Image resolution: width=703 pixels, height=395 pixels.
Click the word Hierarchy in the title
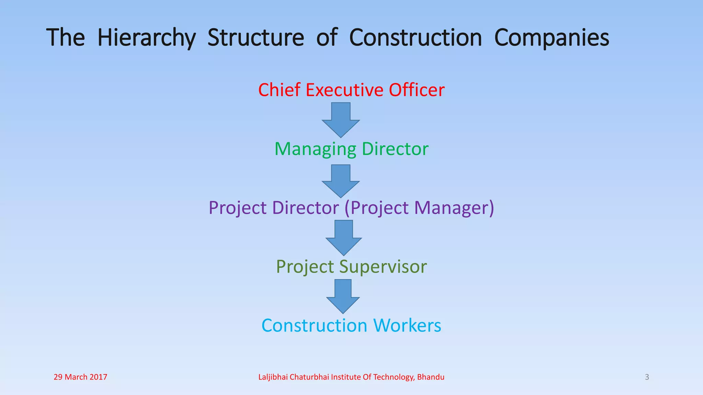click(x=147, y=38)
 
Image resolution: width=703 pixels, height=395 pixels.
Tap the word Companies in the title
click(x=552, y=38)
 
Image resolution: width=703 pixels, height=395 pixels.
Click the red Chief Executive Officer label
click(x=351, y=90)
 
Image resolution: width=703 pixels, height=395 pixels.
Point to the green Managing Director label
click(x=351, y=149)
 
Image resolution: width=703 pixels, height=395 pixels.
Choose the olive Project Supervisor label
click(x=351, y=267)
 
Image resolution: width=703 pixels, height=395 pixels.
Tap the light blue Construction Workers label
click(x=351, y=325)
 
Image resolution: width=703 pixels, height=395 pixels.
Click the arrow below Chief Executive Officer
click(x=341, y=120)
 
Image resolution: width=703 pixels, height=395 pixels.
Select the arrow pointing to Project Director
click(x=341, y=181)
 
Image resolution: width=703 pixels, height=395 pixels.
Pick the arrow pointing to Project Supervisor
click(x=344, y=238)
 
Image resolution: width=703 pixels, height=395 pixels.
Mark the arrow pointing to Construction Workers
click(x=343, y=296)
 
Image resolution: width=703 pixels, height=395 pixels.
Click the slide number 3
click(x=647, y=377)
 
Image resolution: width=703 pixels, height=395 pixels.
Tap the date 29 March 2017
click(x=80, y=377)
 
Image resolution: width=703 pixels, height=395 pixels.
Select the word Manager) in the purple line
click(x=454, y=208)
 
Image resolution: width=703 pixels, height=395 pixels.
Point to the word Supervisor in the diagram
click(x=383, y=267)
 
